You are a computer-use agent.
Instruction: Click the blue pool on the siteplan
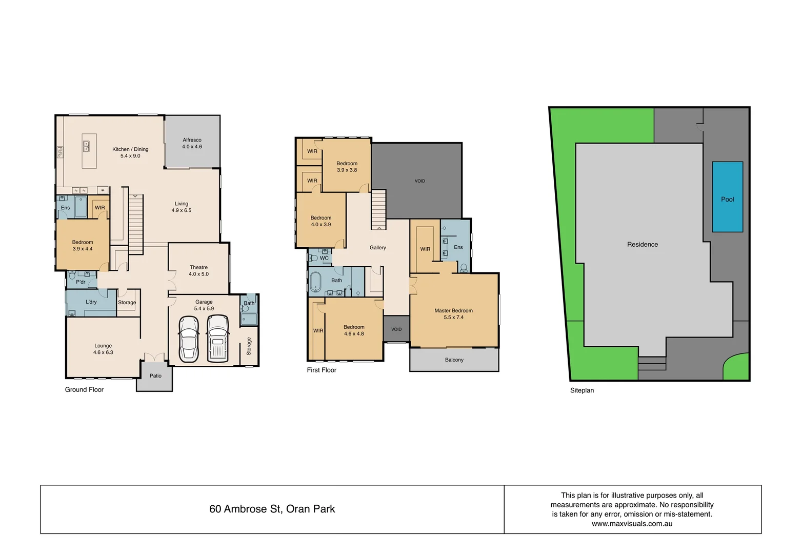coord(727,197)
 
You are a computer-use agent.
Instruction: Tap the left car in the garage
coord(189,339)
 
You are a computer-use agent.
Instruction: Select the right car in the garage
coord(218,339)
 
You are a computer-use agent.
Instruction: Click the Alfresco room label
coord(192,140)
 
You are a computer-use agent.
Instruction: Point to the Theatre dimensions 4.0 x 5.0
coord(198,274)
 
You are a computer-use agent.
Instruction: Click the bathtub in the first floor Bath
coord(315,282)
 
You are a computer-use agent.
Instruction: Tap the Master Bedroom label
coord(453,311)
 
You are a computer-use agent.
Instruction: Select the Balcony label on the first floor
coord(454,360)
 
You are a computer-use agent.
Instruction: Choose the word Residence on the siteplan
coord(642,245)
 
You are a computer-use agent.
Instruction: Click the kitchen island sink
coord(87,146)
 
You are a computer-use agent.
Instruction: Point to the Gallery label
coord(377,248)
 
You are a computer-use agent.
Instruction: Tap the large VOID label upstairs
coord(419,181)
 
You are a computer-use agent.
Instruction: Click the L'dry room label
coord(91,302)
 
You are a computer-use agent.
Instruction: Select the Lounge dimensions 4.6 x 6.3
coord(103,353)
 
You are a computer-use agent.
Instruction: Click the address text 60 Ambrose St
coord(272,509)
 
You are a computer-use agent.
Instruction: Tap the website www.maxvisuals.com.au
coord(632,524)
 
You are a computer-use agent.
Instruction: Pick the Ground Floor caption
coord(84,390)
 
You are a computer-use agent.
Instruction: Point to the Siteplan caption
coord(582,391)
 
